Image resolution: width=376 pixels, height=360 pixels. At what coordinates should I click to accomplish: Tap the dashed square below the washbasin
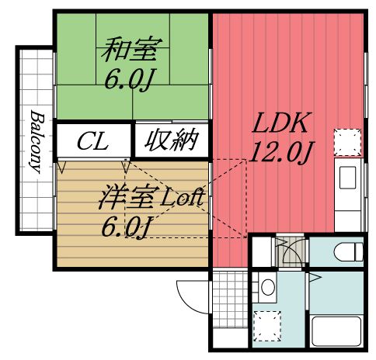tap(268, 324)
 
